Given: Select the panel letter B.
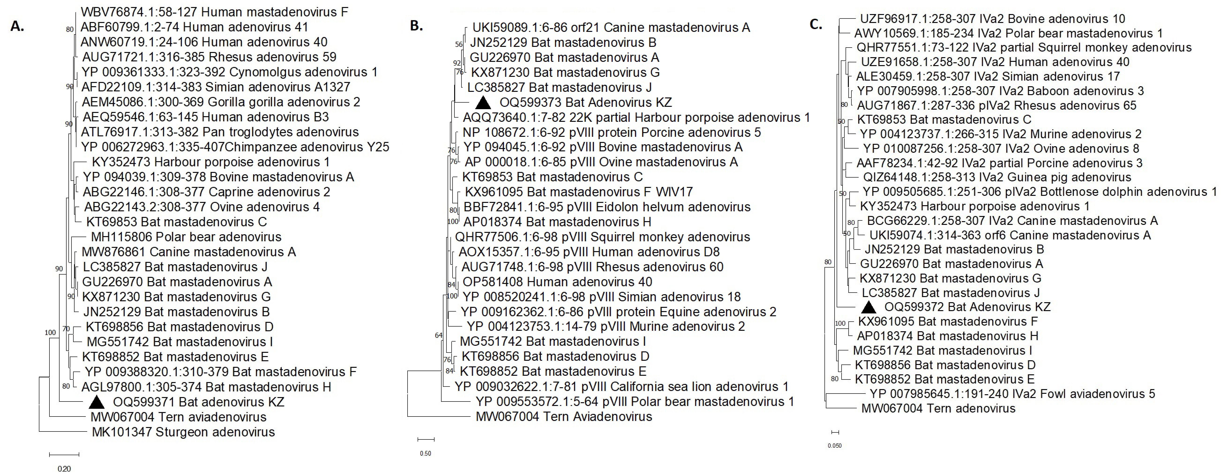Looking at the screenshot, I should pos(416,26).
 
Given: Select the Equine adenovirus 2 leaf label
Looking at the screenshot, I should pos(618,312).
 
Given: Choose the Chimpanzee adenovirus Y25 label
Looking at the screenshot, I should pos(235,147).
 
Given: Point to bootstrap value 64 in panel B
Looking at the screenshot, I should pos(438,335).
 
